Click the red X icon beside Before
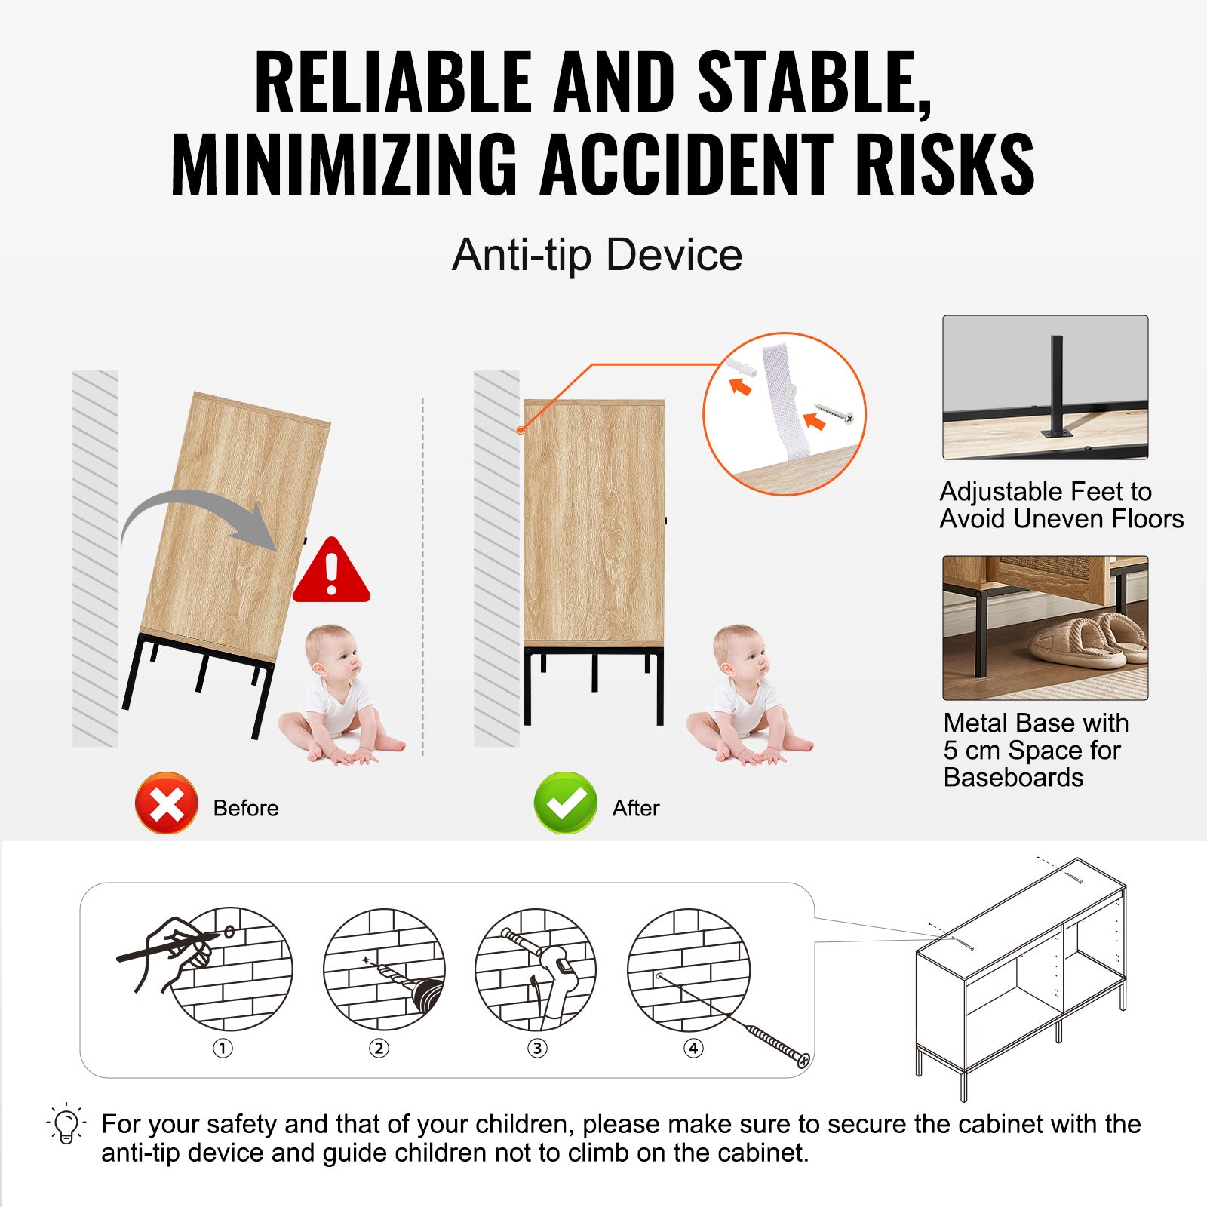pos(167,803)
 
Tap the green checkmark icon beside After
pos(565,803)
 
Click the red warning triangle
pos(331,570)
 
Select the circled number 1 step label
pos(223,1048)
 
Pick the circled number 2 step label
pos(379,1048)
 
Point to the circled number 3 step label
pos(537,1048)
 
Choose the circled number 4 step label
pos(693,1048)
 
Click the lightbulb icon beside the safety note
pos(66,1124)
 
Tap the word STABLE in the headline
pos(815,81)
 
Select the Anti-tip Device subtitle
pos(597,254)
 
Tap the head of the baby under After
pos(739,653)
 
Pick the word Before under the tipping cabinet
pos(246,808)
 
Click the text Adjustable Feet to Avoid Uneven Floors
pos(1061,505)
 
